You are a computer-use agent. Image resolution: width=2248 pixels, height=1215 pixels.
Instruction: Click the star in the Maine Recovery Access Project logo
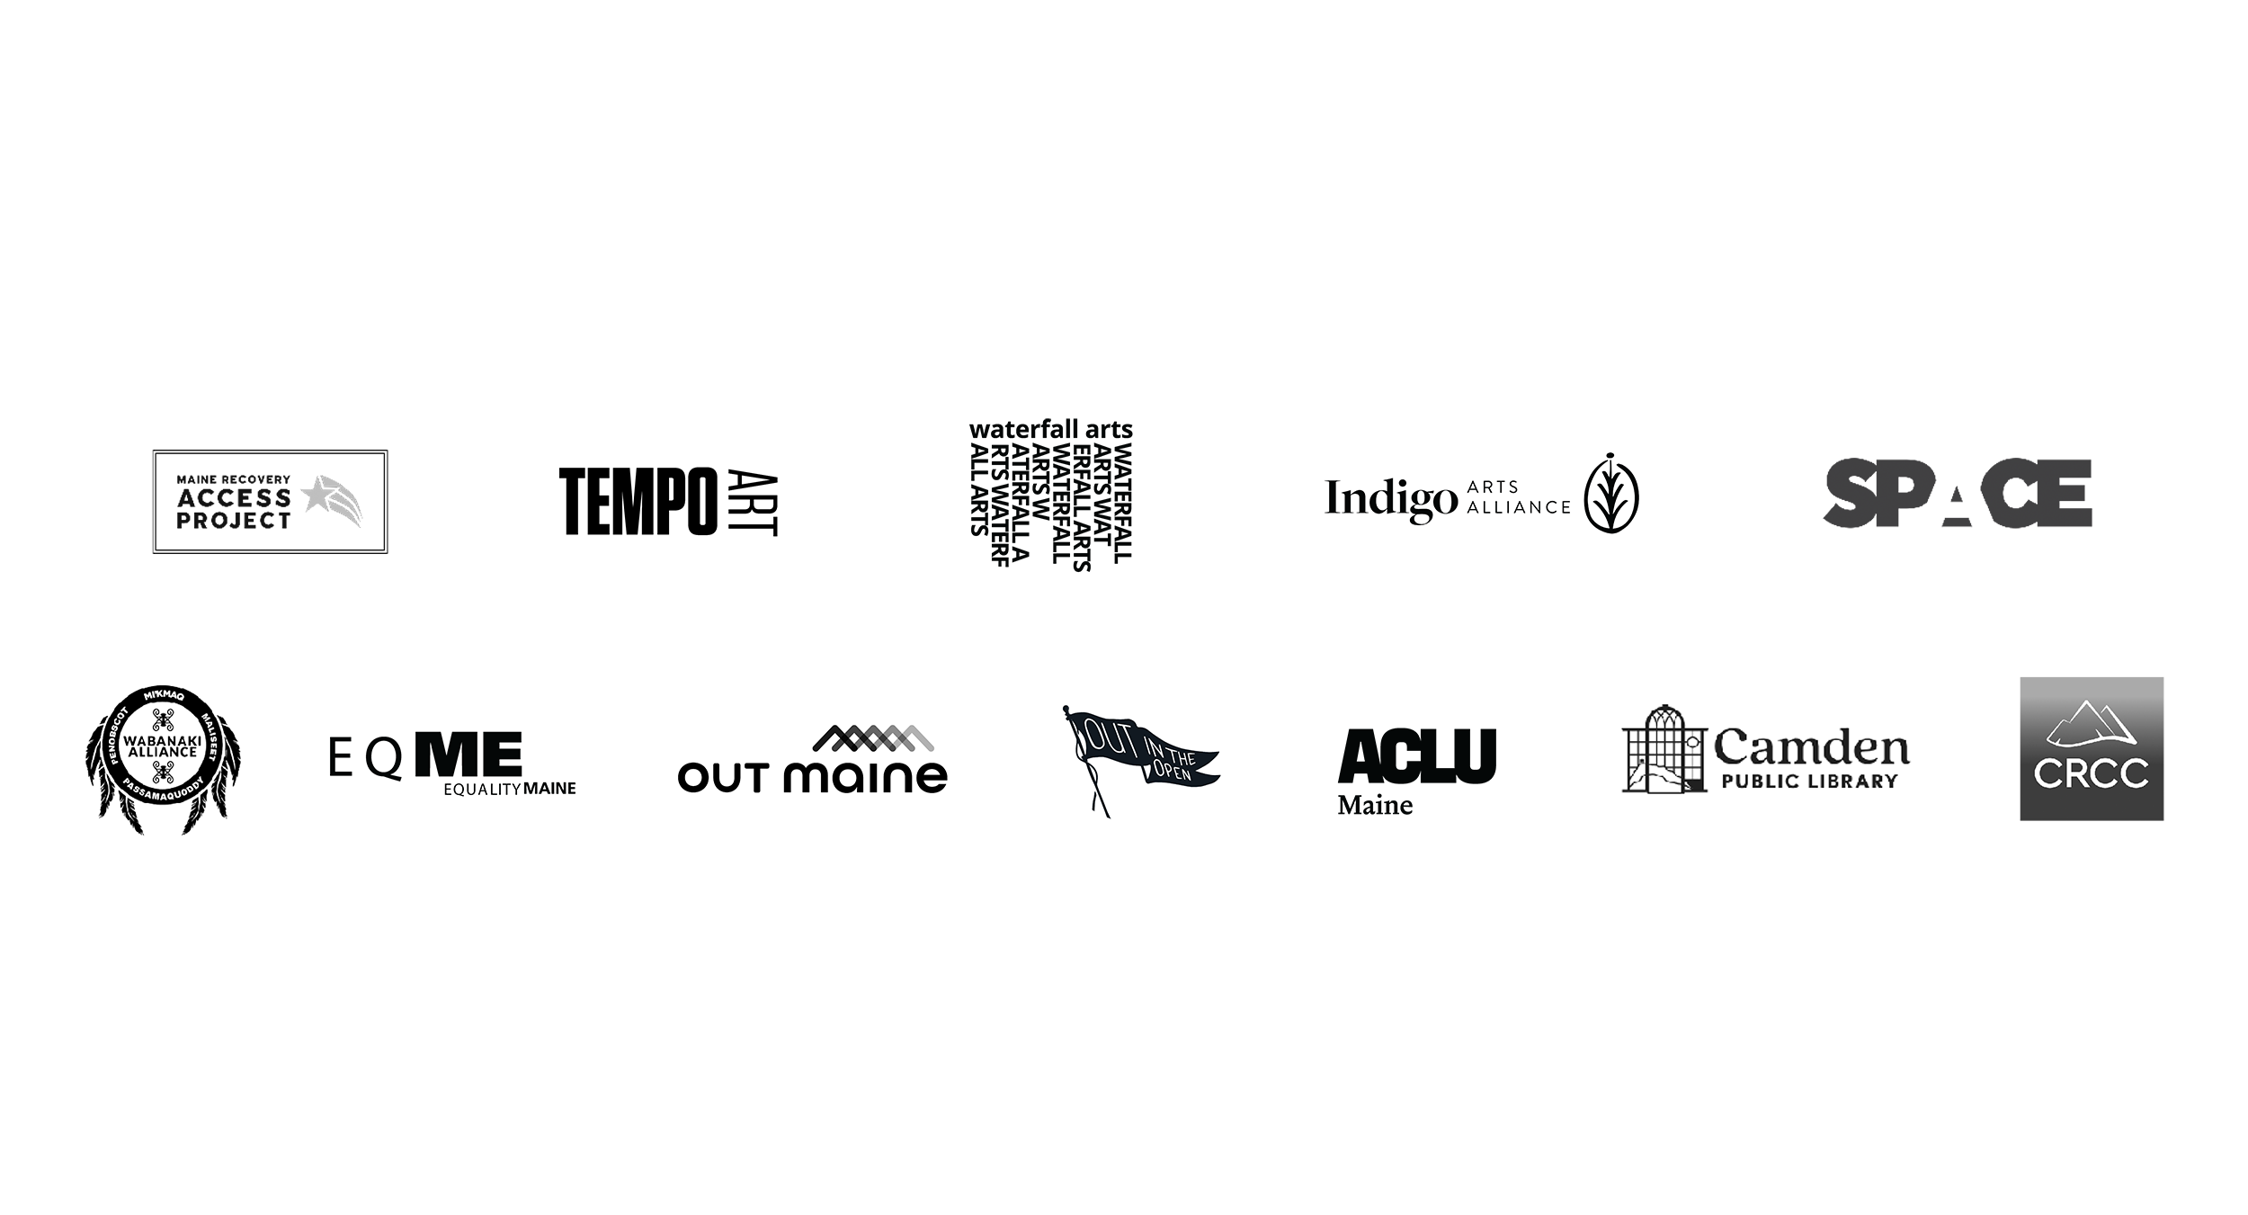(317, 494)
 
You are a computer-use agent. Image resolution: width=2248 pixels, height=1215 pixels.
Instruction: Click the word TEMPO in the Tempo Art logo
(638, 502)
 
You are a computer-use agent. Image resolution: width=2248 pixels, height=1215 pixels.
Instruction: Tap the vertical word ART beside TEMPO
(752, 502)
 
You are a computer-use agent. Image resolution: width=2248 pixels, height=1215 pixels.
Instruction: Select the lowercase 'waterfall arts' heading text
(1050, 430)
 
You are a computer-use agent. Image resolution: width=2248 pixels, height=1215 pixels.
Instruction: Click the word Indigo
(1391, 498)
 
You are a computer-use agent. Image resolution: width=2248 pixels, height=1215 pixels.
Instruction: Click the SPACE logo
(1958, 493)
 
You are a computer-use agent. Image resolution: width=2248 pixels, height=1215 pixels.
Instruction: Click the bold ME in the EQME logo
(468, 755)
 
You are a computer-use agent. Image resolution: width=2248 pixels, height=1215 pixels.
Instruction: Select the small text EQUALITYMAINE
(510, 789)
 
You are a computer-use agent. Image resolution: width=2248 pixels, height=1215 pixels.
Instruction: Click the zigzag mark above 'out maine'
(873, 738)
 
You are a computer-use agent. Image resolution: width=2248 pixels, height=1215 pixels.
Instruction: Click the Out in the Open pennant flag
(1138, 757)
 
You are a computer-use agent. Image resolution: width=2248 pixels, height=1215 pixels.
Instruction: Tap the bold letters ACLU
(1417, 755)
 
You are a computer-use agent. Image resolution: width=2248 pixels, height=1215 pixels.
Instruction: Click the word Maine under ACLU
(1375, 805)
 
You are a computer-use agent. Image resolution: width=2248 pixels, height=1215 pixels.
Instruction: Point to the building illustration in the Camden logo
(1664, 749)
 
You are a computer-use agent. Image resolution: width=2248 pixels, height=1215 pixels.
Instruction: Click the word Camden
(1811, 746)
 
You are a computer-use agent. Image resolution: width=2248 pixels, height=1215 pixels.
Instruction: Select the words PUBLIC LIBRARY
(1809, 781)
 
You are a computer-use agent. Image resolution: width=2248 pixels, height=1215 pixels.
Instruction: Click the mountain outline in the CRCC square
(2092, 726)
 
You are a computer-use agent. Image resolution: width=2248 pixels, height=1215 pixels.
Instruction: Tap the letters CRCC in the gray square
(2092, 773)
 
